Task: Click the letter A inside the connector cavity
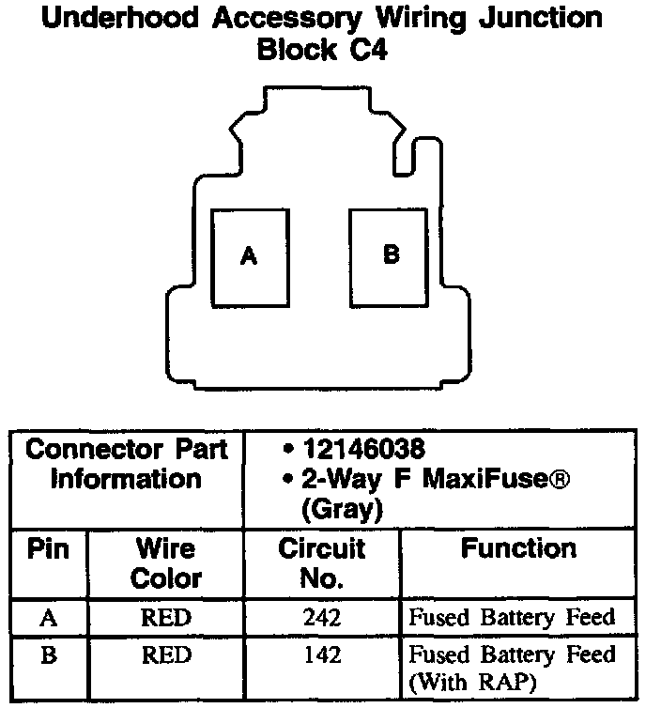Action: pyautogui.click(x=248, y=256)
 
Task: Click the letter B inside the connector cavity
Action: pyautogui.click(x=392, y=254)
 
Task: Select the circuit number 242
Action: pyautogui.click(x=321, y=617)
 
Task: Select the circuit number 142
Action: pyautogui.click(x=321, y=654)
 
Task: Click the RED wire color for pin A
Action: pyautogui.click(x=165, y=617)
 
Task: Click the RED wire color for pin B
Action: pyautogui.click(x=165, y=654)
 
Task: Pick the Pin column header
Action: pyautogui.click(x=49, y=548)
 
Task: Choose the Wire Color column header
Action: pyautogui.click(x=165, y=562)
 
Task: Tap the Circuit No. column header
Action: pyautogui.click(x=321, y=562)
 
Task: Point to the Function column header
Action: pyautogui.click(x=518, y=548)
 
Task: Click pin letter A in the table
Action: pyautogui.click(x=49, y=617)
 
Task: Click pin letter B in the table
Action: pyautogui.click(x=49, y=654)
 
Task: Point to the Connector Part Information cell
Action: pyautogui.click(x=126, y=464)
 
